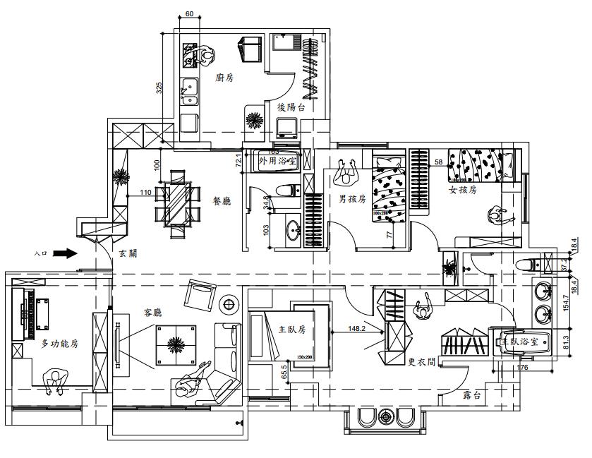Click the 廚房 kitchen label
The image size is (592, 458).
point(224,78)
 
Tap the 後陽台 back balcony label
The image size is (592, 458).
point(291,107)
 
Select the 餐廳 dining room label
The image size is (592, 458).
point(222,201)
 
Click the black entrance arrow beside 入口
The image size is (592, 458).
point(65,251)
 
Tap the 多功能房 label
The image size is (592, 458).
point(59,344)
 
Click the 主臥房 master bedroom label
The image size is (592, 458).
point(291,329)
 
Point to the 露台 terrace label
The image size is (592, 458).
point(472,396)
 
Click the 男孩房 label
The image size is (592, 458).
point(351,199)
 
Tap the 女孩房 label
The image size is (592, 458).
point(463,190)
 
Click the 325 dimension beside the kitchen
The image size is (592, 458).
point(159,88)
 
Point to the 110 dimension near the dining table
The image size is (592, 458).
point(146,192)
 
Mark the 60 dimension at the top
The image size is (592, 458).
point(190,14)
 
